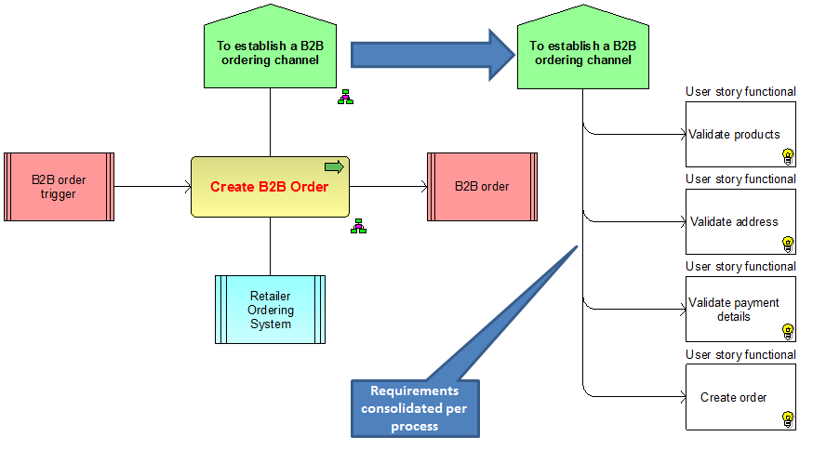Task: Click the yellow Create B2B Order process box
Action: point(270,187)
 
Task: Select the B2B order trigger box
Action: point(59,187)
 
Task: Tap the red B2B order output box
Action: point(482,187)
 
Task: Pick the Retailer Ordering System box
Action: point(270,310)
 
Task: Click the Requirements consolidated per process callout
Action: point(414,408)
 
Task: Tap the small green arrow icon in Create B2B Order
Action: point(334,166)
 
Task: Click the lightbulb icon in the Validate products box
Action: point(788,155)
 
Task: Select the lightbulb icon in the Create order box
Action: point(788,418)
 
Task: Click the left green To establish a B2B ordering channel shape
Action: point(270,51)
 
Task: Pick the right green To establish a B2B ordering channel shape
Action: point(582,51)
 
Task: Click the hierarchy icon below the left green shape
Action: point(345,97)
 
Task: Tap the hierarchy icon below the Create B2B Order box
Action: point(358,225)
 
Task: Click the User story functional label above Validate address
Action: point(740,179)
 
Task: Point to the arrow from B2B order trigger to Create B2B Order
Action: point(153,187)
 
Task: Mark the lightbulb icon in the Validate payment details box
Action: point(788,331)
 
